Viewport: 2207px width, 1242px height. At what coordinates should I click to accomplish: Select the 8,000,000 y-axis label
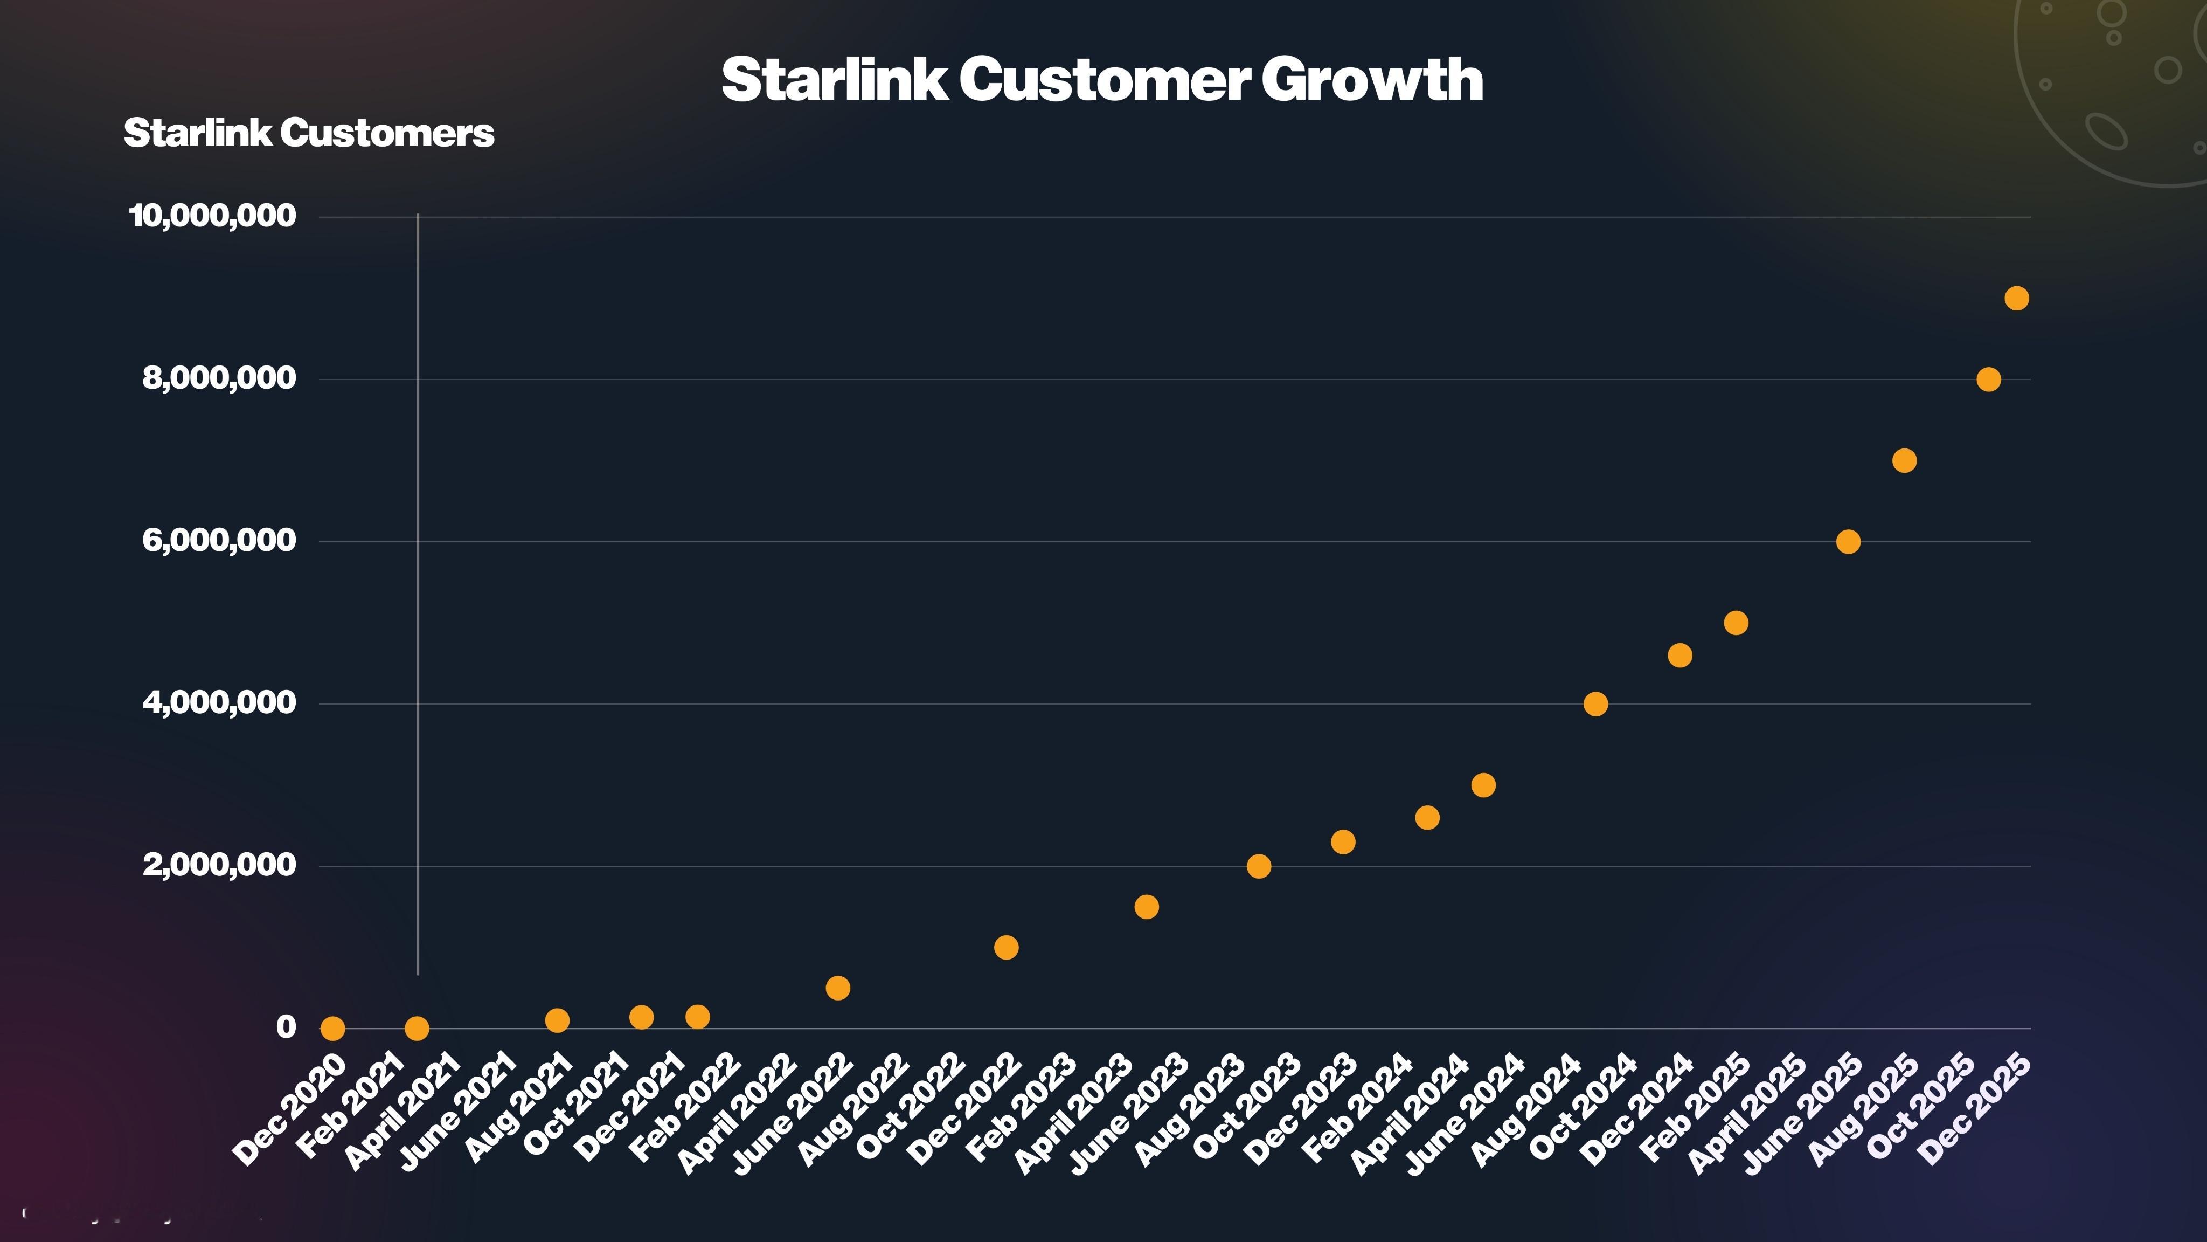(x=219, y=378)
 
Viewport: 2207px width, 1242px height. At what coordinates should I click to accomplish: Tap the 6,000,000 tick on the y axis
(x=219, y=541)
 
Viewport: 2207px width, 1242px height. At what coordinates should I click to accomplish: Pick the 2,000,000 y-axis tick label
(x=219, y=865)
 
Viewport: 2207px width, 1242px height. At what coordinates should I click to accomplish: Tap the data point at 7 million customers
(x=1904, y=461)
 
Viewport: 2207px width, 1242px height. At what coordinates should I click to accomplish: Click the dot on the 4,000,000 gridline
(x=1595, y=703)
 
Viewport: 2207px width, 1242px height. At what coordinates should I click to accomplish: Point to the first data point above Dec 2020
(x=332, y=1027)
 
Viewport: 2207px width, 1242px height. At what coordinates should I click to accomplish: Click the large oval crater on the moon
(x=2105, y=130)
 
